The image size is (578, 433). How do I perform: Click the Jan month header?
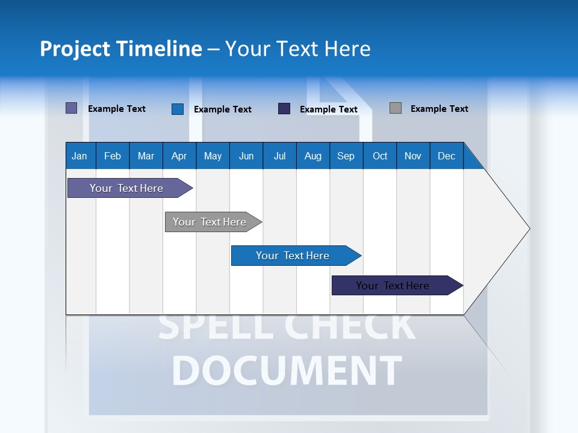point(79,156)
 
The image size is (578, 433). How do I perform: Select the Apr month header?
point(179,156)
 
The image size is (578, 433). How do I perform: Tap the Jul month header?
point(279,156)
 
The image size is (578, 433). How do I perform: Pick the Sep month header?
point(346,156)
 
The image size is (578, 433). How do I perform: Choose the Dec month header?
point(446,156)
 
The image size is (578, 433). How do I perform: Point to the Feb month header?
point(113,156)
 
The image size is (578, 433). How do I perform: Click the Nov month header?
point(412,156)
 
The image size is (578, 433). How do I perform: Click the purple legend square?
point(72,108)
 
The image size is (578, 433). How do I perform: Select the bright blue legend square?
point(178,109)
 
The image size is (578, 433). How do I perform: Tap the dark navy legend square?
point(284,109)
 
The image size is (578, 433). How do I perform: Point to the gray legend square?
point(396,108)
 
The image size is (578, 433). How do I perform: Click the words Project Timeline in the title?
point(121,49)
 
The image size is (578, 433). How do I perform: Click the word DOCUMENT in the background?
point(287,370)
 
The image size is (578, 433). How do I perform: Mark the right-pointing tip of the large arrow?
point(529,229)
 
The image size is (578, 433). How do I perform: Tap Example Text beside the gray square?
point(439,109)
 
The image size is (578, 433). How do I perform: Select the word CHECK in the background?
point(349,327)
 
